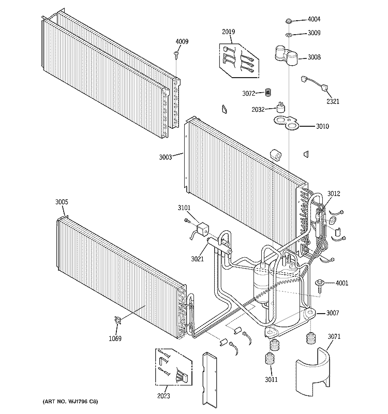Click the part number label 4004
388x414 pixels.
[x=314, y=19]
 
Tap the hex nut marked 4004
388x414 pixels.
[x=289, y=21]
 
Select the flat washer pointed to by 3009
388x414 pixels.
[x=289, y=34]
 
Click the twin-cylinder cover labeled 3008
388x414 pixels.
[x=287, y=55]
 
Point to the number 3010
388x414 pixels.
[x=322, y=126]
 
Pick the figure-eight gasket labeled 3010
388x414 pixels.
[x=286, y=124]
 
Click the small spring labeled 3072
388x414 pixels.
[x=268, y=92]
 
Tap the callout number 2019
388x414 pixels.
[x=228, y=32]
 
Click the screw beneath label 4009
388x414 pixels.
[x=176, y=54]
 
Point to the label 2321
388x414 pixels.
[x=333, y=101]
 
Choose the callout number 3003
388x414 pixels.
[x=165, y=157]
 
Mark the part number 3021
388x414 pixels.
[x=198, y=259]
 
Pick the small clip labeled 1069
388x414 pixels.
[x=117, y=320]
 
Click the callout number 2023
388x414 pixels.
[x=163, y=395]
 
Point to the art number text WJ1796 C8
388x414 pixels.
[x=82, y=402]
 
